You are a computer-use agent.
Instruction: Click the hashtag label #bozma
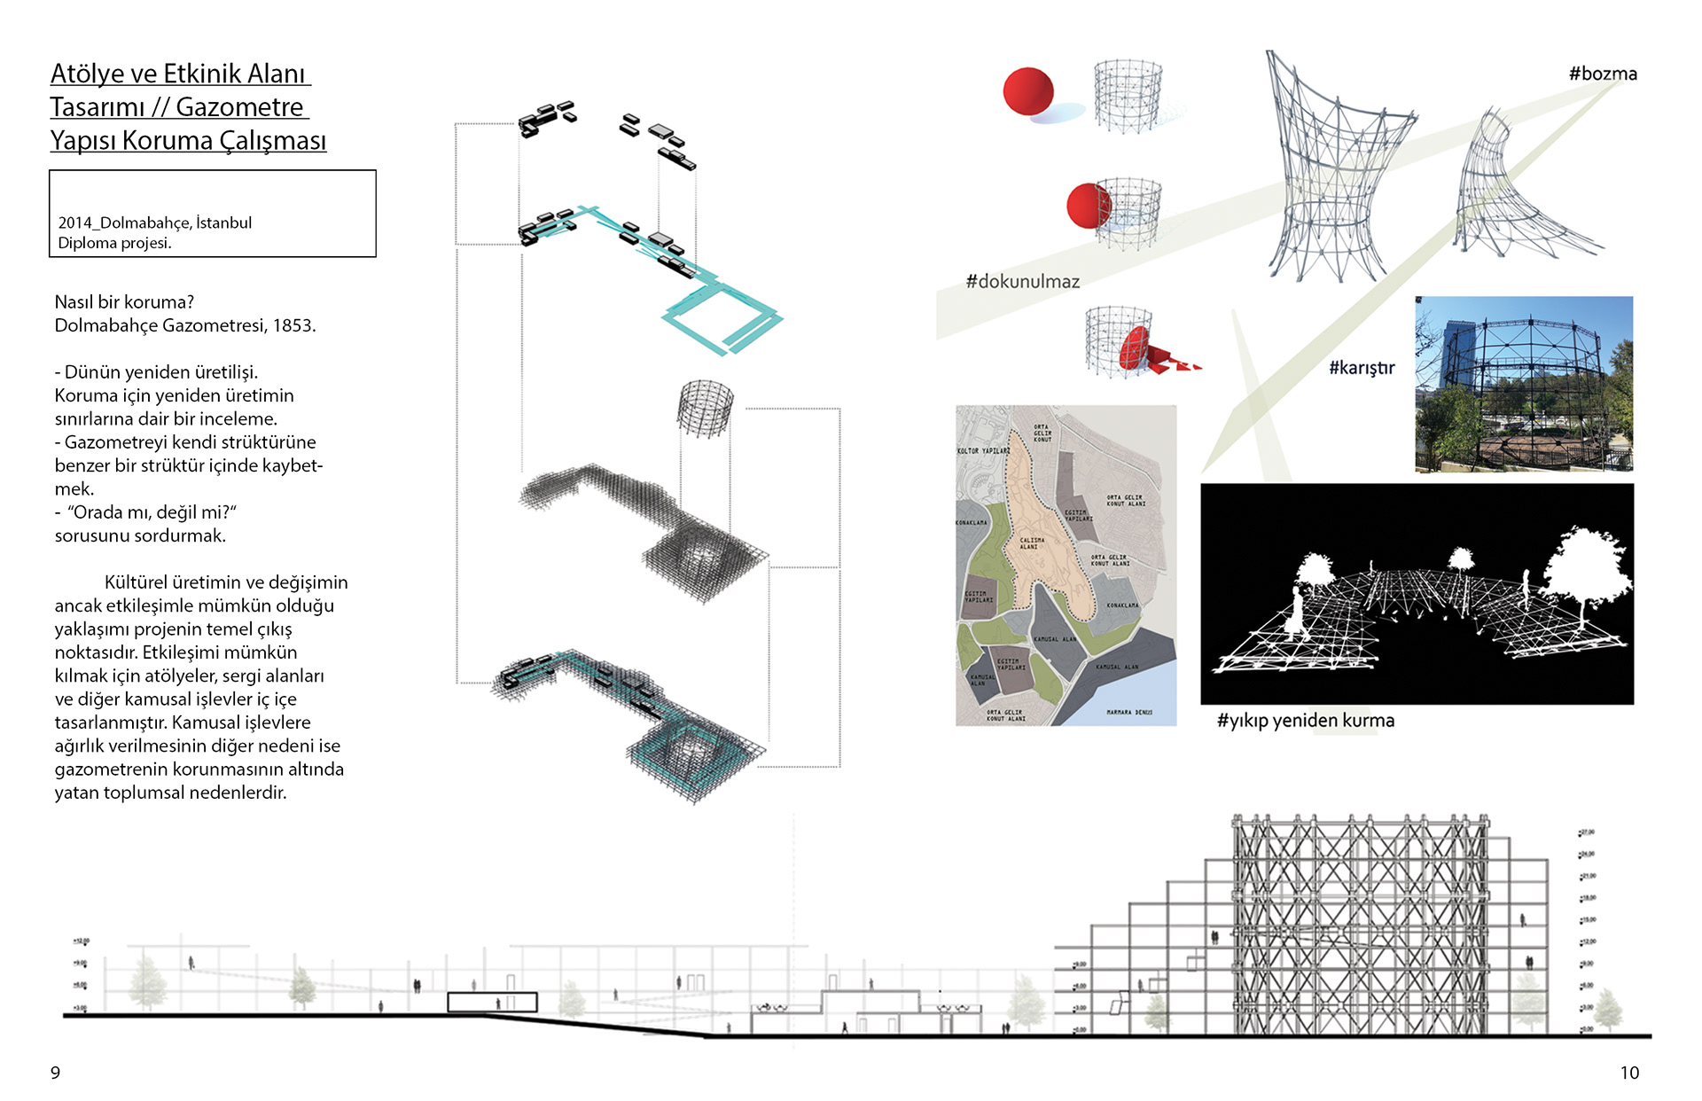point(1602,74)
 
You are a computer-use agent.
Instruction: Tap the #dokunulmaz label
point(1022,281)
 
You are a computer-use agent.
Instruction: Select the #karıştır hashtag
point(1361,367)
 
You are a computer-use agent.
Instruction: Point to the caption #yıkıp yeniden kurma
point(1305,720)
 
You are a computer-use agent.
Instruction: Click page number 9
point(55,1073)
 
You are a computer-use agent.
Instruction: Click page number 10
point(1629,1073)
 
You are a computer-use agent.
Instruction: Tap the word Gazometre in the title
point(239,107)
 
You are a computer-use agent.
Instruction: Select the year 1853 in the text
point(293,325)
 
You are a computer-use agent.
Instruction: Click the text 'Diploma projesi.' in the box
point(114,243)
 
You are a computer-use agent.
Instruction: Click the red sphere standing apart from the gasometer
point(1027,90)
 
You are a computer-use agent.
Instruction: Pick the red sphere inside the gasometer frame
point(1087,206)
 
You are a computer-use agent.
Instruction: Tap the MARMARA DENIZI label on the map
point(1128,712)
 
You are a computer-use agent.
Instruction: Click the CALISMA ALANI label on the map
point(1031,543)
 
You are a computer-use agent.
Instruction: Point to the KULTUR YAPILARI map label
point(983,450)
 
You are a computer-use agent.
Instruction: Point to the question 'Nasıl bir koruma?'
point(124,302)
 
